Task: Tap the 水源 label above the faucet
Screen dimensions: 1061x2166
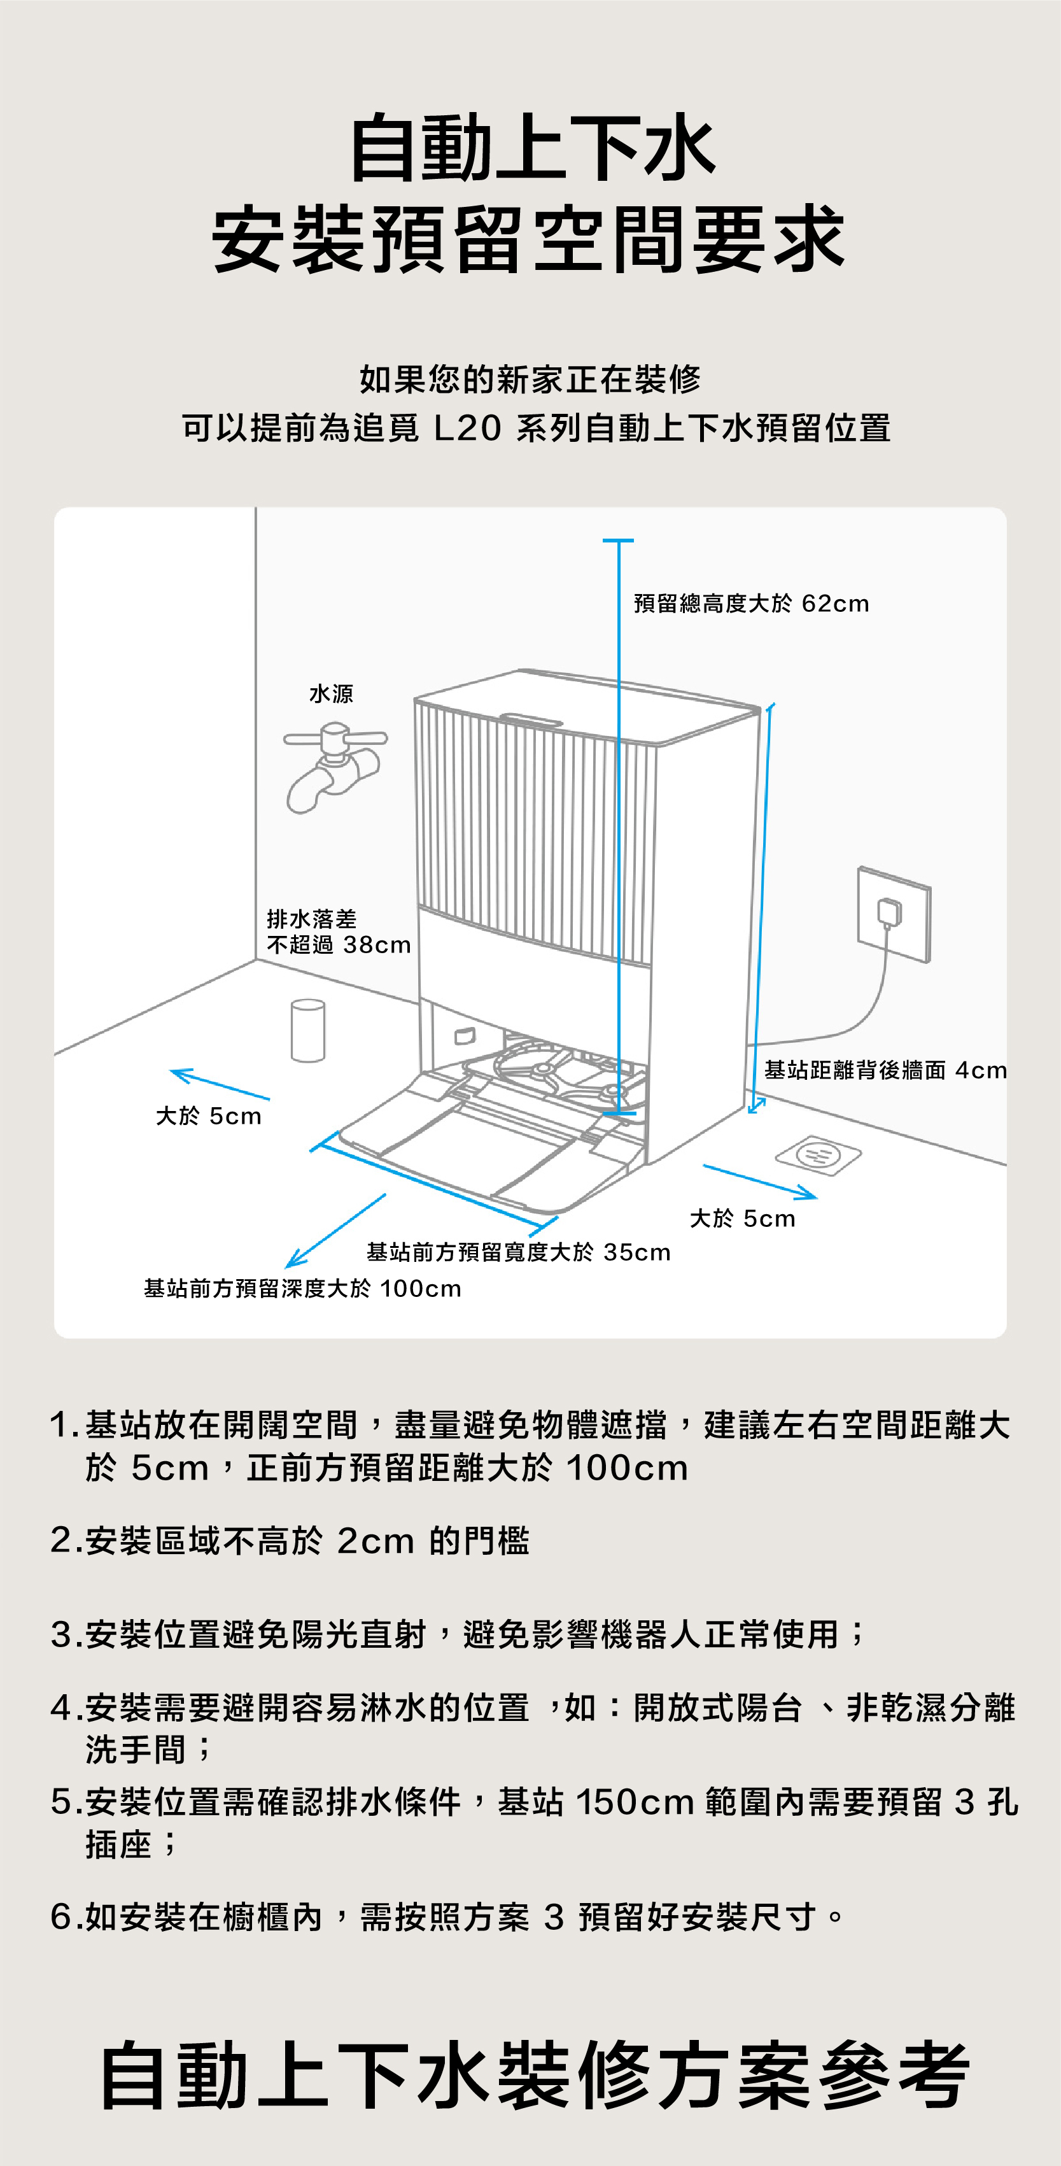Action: (x=331, y=694)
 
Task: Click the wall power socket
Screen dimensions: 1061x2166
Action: (x=893, y=914)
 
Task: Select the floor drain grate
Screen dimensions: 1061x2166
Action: (x=818, y=1154)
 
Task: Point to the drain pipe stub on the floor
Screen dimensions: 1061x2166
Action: (x=307, y=1030)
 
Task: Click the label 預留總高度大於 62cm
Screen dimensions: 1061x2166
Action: (x=751, y=604)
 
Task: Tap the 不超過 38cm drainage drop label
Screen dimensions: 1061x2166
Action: (x=339, y=945)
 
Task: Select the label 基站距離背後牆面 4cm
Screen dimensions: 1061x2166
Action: (x=885, y=1070)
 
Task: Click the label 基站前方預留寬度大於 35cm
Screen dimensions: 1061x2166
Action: (x=518, y=1252)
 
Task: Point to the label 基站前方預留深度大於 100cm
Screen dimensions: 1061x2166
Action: (x=303, y=1288)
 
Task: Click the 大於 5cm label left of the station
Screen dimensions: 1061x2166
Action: (x=209, y=1116)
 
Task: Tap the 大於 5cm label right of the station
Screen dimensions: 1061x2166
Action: (x=741, y=1219)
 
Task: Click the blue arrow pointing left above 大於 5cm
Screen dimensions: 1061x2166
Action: (x=220, y=1084)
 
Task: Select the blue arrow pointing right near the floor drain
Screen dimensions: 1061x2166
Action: (x=759, y=1180)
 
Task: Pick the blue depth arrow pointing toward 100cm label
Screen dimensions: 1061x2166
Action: (x=335, y=1230)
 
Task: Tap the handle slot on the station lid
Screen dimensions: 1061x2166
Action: (x=531, y=719)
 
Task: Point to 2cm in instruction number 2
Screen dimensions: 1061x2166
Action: (x=375, y=1540)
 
